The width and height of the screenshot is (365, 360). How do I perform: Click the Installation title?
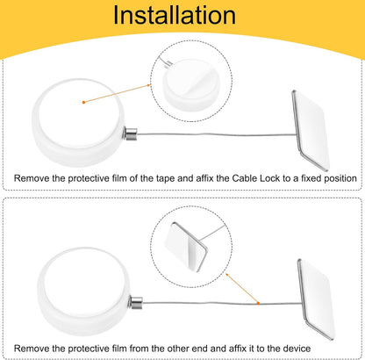tap(175, 15)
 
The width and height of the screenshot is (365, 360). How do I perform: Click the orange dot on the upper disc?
tap(83, 102)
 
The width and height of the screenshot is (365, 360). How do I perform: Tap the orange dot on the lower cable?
tap(258, 303)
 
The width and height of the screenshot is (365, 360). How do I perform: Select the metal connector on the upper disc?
tap(131, 134)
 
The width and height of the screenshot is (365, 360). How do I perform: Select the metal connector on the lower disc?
tap(136, 303)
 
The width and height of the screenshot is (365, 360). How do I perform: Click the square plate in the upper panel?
tap(311, 130)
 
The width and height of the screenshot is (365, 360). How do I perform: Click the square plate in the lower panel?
tap(316, 299)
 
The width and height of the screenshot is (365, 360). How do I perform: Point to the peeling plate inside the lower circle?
tap(186, 247)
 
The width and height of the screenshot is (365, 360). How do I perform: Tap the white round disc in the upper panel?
tap(78, 122)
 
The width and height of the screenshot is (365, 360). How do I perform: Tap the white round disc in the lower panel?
tap(83, 292)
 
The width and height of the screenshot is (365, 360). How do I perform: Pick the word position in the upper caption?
tap(340, 178)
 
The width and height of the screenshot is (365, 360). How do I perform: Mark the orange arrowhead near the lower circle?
tap(228, 276)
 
